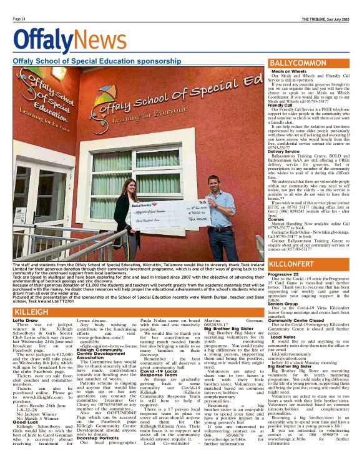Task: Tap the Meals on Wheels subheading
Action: [289, 72]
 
